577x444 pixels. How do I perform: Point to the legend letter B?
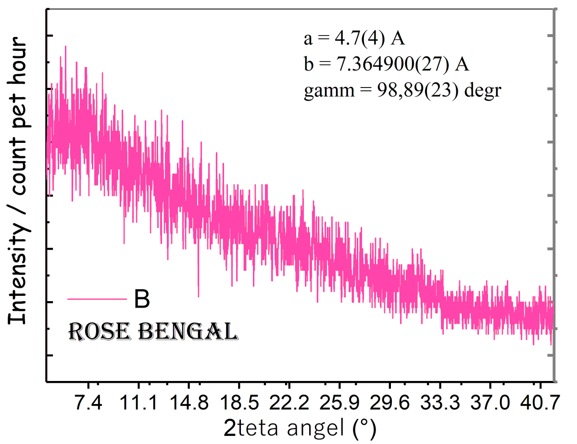click(x=141, y=299)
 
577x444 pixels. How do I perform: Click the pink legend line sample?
click(x=97, y=299)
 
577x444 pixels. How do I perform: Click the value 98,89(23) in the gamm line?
click(x=417, y=90)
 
